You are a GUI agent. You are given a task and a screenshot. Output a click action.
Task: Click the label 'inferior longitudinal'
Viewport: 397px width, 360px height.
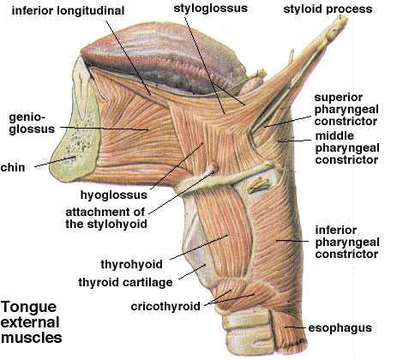(x=68, y=11)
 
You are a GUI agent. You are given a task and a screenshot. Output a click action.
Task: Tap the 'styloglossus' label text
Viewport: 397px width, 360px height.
(x=210, y=8)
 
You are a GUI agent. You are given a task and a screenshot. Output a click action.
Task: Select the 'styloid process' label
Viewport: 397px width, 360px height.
(x=328, y=9)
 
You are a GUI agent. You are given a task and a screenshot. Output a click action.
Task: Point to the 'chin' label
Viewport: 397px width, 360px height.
(x=13, y=167)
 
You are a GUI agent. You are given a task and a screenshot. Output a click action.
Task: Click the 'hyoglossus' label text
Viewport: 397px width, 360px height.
(x=114, y=195)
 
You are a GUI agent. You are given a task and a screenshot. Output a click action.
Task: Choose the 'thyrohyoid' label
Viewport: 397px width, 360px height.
(x=131, y=264)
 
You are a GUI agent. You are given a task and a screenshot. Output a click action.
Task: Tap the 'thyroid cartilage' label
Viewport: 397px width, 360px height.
(x=125, y=282)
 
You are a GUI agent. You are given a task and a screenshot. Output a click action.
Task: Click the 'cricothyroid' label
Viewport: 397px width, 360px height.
(x=165, y=306)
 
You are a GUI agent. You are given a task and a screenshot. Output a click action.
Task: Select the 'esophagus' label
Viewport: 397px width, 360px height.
(x=340, y=328)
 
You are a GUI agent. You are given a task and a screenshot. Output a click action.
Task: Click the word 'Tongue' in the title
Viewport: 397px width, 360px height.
(x=28, y=308)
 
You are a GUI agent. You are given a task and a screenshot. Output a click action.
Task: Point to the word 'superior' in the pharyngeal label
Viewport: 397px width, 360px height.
(x=339, y=98)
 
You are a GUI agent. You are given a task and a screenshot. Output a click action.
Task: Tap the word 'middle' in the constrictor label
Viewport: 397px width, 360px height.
(x=334, y=135)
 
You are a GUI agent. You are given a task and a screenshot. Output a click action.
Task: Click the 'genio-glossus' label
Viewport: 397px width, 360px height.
(x=32, y=123)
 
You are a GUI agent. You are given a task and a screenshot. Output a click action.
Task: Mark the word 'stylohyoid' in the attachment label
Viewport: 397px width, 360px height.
(x=117, y=224)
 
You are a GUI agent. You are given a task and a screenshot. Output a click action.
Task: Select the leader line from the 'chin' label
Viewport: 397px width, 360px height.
(x=55, y=162)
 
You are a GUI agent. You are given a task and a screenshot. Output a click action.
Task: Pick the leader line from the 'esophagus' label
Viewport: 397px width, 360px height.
(x=295, y=327)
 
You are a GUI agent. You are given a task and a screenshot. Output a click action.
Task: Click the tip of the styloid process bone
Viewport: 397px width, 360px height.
(x=344, y=18)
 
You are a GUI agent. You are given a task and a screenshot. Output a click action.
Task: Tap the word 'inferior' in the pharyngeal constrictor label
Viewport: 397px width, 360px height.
(x=336, y=231)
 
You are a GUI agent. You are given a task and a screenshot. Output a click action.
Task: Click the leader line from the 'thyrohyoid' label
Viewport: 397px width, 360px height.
(x=199, y=248)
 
